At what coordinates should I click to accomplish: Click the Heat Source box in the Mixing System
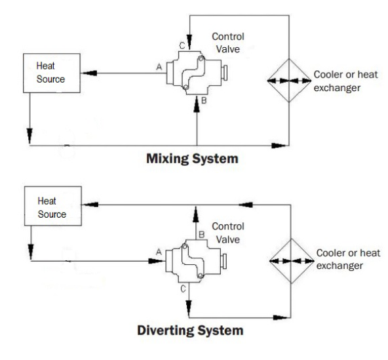click(x=52, y=73)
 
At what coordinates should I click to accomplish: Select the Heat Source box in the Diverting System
click(x=53, y=206)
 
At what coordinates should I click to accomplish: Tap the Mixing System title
click(x=192, y=159)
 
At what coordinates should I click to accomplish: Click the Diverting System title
click(x=190, y=330)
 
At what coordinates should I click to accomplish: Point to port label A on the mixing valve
click(x=159, y=67)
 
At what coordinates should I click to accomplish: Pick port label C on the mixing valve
click(x=182, y=45)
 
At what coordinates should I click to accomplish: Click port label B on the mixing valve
click(x=204, y=100)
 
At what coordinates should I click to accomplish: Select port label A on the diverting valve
click(x=159, y=252)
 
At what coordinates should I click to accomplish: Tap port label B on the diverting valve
click(x=202, y=234)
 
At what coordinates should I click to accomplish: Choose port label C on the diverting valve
click(x=183, y=289)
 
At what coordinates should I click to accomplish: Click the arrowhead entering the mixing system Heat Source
click(x=88, y=73)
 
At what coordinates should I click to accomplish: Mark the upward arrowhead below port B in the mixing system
click(x=197, y=104)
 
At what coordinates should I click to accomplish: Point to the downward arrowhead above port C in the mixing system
click(x=189, y=42)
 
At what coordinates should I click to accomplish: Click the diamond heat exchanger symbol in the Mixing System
click(x=289, y=81)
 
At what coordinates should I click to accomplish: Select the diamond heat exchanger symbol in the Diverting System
click(x=292, y=261)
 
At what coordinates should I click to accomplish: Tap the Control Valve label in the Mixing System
click(x=228, y=43)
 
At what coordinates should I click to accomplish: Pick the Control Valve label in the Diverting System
click(x=228, y=233)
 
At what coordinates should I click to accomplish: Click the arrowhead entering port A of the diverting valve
click(x=156, y=261)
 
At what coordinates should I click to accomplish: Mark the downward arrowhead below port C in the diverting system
click(x=189, y=308)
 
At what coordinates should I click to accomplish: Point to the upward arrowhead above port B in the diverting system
click(x=196, y=214)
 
